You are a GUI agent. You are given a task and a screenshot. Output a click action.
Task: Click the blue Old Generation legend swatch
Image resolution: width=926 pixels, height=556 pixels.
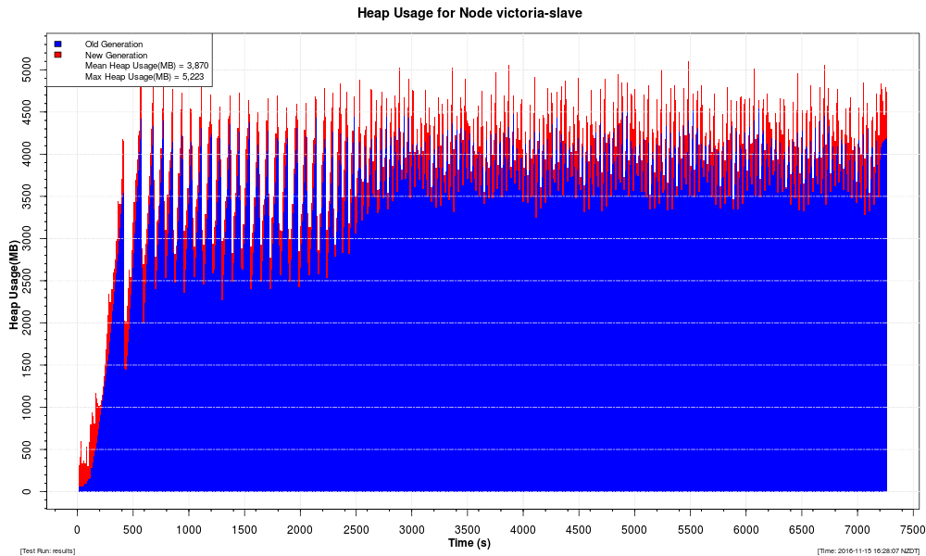tap(57, 44)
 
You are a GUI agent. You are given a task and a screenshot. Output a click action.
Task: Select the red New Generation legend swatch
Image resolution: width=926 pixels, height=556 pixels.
tap(57, 55)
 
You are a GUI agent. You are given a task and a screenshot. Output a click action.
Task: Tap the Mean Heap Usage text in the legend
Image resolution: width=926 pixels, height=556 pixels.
tap(146, 66)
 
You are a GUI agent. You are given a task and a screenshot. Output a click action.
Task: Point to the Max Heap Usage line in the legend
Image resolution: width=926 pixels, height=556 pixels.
tap(144, 77)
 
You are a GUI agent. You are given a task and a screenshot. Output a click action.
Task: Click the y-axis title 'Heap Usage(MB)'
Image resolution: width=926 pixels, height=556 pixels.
tap(14, 286)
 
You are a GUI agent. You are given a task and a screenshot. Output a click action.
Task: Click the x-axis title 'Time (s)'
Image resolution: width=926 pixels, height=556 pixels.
tap(469, 542)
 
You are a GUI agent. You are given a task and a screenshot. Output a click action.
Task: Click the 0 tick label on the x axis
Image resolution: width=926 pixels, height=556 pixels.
tap(78, 530)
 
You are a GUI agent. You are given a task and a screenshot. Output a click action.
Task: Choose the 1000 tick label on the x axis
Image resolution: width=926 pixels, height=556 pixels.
tap(189, 530)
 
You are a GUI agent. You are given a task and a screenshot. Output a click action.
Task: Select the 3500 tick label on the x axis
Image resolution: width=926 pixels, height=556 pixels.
tap(468, 530)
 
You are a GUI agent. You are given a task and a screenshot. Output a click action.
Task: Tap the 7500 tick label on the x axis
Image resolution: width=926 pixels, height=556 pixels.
tap(913, 530)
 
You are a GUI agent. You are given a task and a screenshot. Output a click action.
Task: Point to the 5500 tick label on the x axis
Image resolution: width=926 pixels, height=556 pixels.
tap(690, 530)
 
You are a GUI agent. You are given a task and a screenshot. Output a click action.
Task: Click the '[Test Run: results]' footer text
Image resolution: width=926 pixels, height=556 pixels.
tap(47, 550)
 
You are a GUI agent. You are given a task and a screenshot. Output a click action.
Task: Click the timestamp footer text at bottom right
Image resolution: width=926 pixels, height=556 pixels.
tap(868, 550)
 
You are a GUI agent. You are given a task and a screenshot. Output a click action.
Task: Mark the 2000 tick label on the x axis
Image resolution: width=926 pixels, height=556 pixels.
tap(300, 530)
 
